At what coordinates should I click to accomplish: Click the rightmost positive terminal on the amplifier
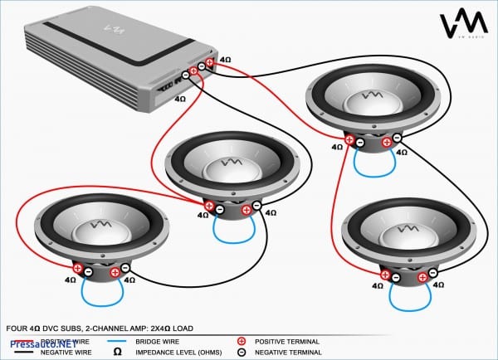tap(211, 61)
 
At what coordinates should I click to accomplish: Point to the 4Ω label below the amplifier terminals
tap(180, 99)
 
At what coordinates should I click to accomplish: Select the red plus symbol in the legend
tap(242, 341)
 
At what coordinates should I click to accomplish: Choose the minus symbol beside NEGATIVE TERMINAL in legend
tap(242, 353)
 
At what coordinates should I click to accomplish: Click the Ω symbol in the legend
tap(118, 353)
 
